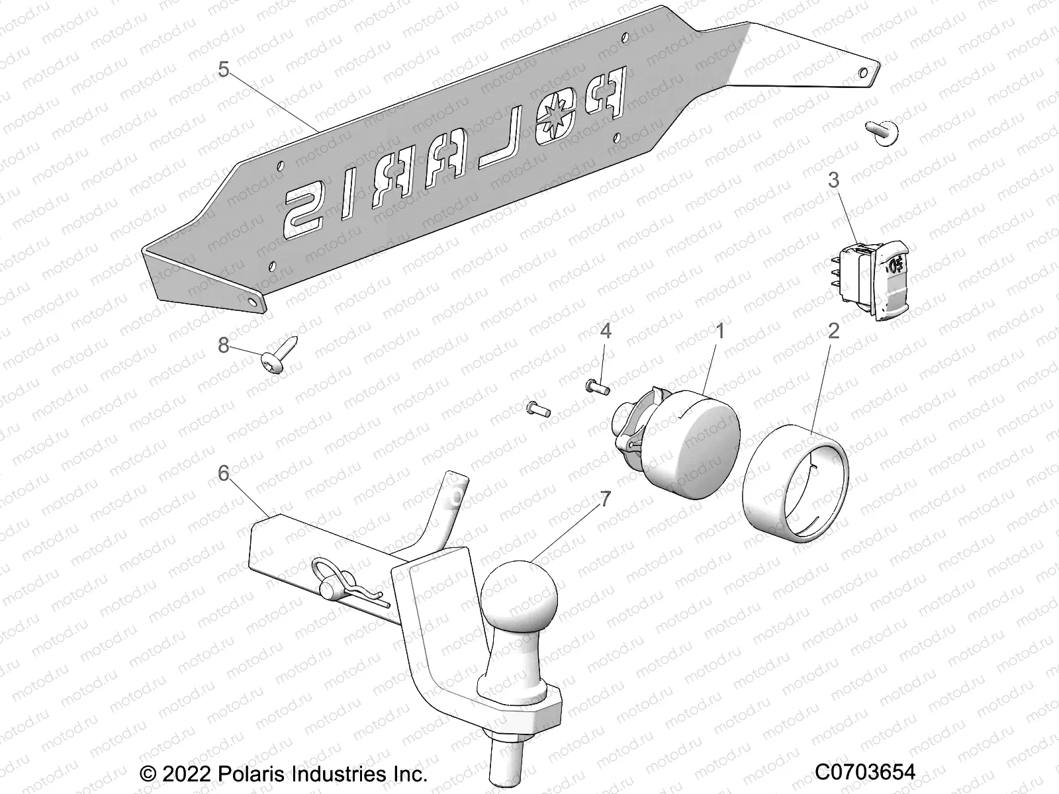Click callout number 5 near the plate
point(224,69)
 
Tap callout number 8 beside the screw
point(224,345)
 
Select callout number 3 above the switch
point(833,180)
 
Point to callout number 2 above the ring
point(833,330)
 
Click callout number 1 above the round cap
point(719,330)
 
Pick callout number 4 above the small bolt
point(605,330)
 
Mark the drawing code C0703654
point(864,772)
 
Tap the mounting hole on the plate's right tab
point(864,71)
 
